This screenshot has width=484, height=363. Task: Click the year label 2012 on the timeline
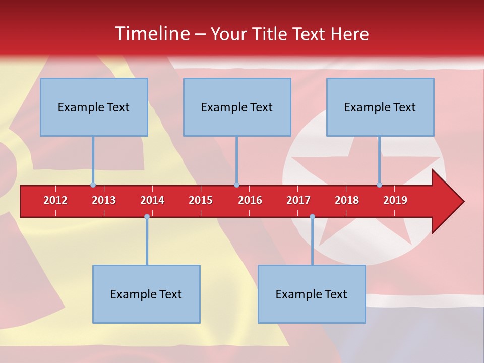point(55,200)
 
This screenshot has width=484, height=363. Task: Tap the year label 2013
point(104,200)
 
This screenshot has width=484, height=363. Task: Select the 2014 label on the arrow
point(152,200)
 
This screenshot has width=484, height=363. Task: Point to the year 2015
point(201,200)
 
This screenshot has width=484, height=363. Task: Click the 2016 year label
point(250,200)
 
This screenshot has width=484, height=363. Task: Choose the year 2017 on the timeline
point(298,200)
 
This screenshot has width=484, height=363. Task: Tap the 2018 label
point(347,200)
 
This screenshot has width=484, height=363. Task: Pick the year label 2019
point(395,200)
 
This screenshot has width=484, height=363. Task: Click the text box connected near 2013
point(94,107)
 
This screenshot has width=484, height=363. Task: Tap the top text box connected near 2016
point(237,107)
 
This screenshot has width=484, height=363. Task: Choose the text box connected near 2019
point(380,107)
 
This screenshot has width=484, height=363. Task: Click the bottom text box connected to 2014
point(146,294)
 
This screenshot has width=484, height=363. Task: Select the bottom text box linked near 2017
point(312,294)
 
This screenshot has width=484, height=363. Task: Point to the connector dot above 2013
point(93,185)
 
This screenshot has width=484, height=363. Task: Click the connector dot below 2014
point(147,217)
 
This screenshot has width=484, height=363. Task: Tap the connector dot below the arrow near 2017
point(312,217)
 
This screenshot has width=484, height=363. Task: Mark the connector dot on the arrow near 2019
point(379,185)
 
